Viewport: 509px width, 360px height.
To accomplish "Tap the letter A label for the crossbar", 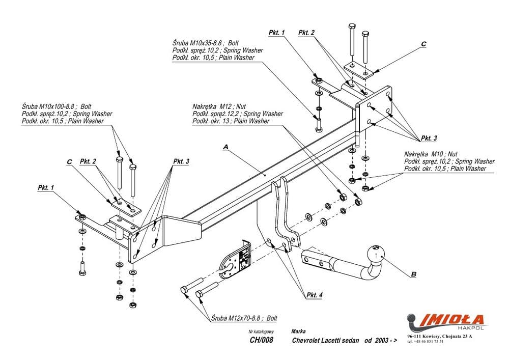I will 225,146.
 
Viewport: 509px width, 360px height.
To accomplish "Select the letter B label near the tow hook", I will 413,274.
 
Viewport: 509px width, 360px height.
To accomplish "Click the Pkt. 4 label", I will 314,295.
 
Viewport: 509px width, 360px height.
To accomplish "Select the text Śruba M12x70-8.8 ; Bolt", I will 244,318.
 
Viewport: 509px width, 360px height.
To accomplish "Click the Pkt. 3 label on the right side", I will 428,139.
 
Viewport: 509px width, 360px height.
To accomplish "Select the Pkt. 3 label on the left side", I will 181,161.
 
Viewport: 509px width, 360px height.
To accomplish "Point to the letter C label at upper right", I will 423,44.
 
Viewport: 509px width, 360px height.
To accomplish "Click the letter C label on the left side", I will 69,162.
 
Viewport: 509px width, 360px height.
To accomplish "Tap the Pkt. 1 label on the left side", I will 46,188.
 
